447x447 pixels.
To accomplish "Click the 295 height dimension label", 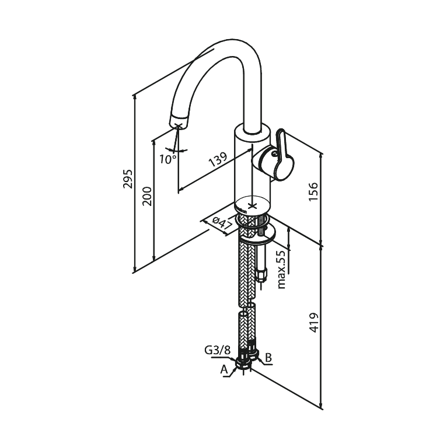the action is point(128,179).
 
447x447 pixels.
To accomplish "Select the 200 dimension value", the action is point(148,196).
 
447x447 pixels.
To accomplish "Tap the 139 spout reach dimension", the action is point(218,159).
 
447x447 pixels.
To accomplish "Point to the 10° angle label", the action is point(167,159).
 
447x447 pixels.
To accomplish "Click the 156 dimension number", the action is point(313,191).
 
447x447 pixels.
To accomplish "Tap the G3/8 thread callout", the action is point(217,350).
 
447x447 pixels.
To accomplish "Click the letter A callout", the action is point(224,369).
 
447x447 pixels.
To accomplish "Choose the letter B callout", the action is point(268,358).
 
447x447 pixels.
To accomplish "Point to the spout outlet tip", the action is point(179,122).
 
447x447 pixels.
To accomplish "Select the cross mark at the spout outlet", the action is point(177,125).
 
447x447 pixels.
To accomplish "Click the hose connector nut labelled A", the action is point(243,362).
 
